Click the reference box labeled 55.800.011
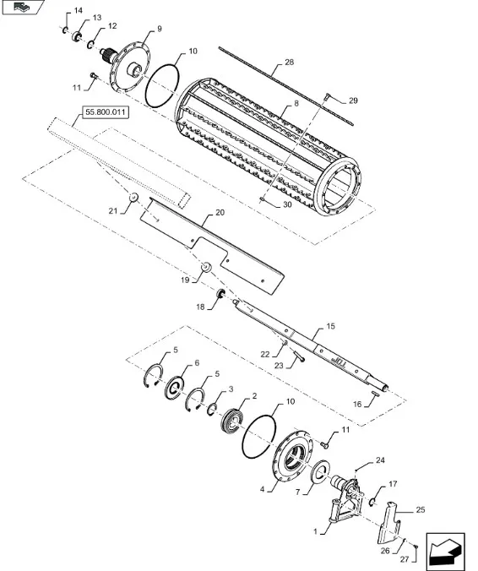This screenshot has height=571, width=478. coord(106,112)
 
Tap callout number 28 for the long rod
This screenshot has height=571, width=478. coord(289,63)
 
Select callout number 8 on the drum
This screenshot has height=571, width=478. coord(296,104)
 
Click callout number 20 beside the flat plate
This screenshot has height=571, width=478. coord(220,213)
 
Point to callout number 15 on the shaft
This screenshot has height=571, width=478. coord(330,326)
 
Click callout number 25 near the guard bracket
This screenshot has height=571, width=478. coord(421,510)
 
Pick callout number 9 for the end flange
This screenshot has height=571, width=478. coord(160,29)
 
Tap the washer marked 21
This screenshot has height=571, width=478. coord(133,197)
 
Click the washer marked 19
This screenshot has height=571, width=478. coord(207,267)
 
